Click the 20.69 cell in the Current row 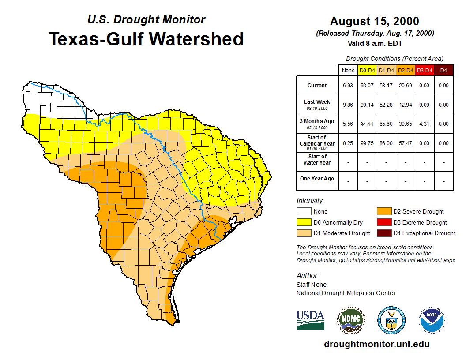point(405,86)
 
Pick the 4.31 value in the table point(424,124)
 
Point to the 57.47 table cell point(405,143)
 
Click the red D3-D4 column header point(424,70)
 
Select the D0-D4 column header point(367,70)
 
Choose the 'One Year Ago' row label point(317,179)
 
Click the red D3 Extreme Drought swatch point(383,222)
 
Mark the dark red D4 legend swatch point(383,233)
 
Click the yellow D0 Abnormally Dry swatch point(304,222)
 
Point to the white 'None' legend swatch point(304,212)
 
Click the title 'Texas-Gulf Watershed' point(146,39)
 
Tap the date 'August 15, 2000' point(375,21)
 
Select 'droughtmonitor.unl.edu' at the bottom point(376,344)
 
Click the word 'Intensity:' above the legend point(310,201)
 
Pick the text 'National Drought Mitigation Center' point(346,293)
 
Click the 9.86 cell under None point(348,105)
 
